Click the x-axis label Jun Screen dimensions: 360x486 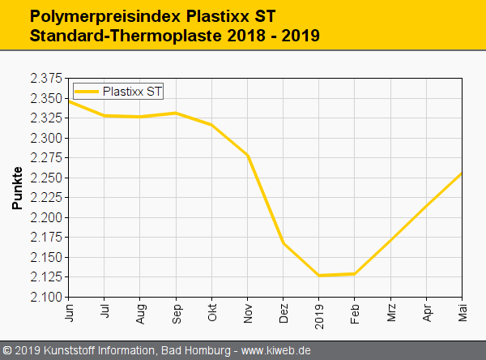click(x=69, y=312)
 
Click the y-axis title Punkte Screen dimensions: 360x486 click(x=17, y=188)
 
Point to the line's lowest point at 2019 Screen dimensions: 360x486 click(x=319, y=276)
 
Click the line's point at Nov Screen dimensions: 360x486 click(x=248, y=156)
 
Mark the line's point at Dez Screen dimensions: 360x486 click(x=283, y=242)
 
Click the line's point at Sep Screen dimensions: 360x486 click(x=177, y=113)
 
